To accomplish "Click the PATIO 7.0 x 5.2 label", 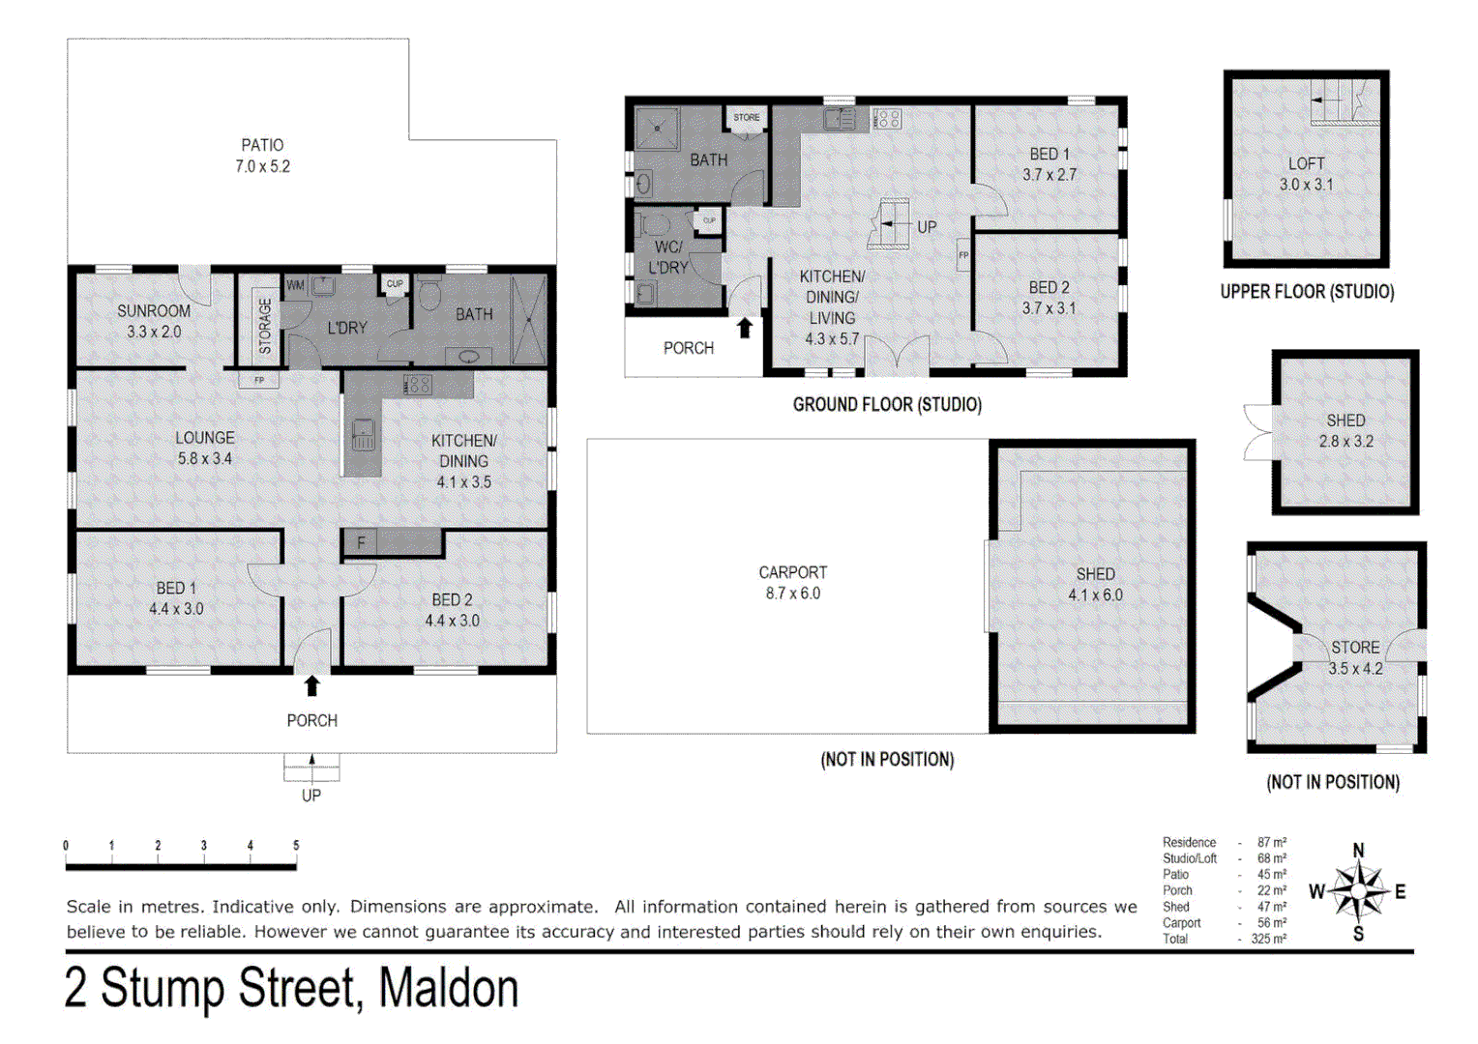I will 262,156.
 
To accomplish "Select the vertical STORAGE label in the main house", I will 265,326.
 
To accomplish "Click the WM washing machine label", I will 295,285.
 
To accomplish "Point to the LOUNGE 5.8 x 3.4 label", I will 204,448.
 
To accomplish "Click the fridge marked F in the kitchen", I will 361,543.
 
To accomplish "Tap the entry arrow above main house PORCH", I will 311,685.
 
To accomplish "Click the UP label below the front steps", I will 310,796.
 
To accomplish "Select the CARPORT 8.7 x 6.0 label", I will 792,583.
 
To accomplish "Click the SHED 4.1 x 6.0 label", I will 1095,584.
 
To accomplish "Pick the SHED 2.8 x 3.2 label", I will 1345,431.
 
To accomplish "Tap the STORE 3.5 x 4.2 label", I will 1355,657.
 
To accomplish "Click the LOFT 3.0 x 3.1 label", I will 1306,174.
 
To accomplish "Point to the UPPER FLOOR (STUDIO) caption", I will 1307,292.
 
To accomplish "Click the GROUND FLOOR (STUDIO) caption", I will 887,405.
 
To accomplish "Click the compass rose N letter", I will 1358,851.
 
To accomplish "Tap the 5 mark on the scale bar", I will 296,846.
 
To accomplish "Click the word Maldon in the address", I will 448,989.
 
